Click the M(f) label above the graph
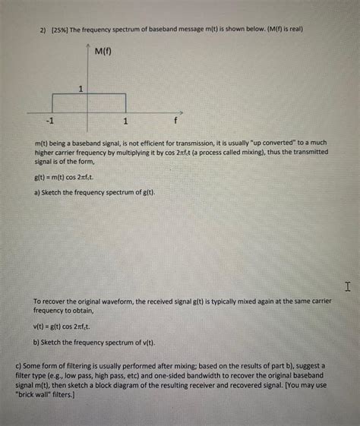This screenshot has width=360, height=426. pos(104,53)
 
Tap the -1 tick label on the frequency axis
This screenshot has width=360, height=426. pos(50,121)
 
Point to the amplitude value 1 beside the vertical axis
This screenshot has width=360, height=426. pos(81,90)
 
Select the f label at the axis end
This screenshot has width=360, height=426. pos(175,121)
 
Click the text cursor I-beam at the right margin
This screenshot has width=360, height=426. pos(347,287)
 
